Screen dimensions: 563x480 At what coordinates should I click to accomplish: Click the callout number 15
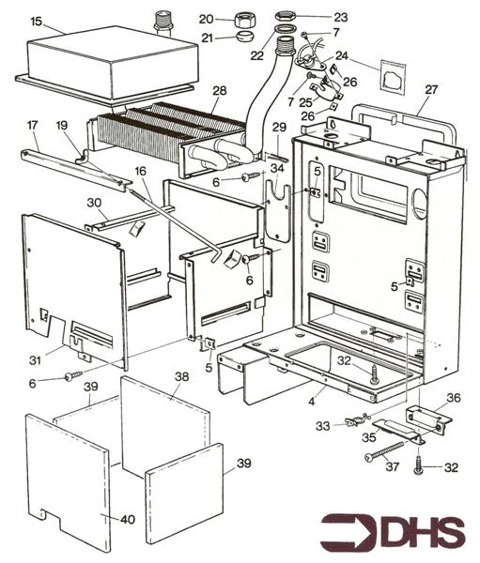36,20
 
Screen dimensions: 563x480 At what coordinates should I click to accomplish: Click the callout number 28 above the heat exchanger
219,91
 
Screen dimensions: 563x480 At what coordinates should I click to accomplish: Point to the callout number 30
93,203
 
